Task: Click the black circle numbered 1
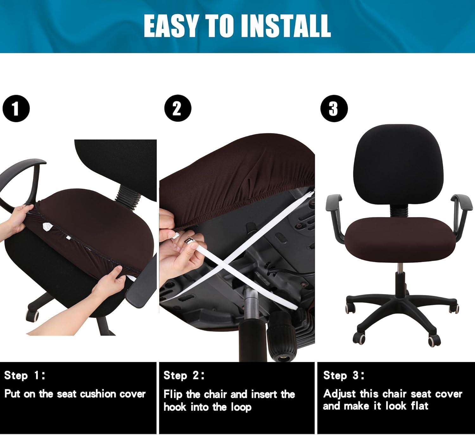click(x=16, y=109)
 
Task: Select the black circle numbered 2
click(x=177, y=108)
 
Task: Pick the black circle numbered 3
click(x=334, y=109)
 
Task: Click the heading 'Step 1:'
click(x=24, y=375)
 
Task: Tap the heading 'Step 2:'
click(x=184, y=375)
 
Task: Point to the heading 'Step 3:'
click(x=344, y=375)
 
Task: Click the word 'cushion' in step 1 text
click(x=98, y=394)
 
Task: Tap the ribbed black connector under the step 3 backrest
click(x=398, y=210)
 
